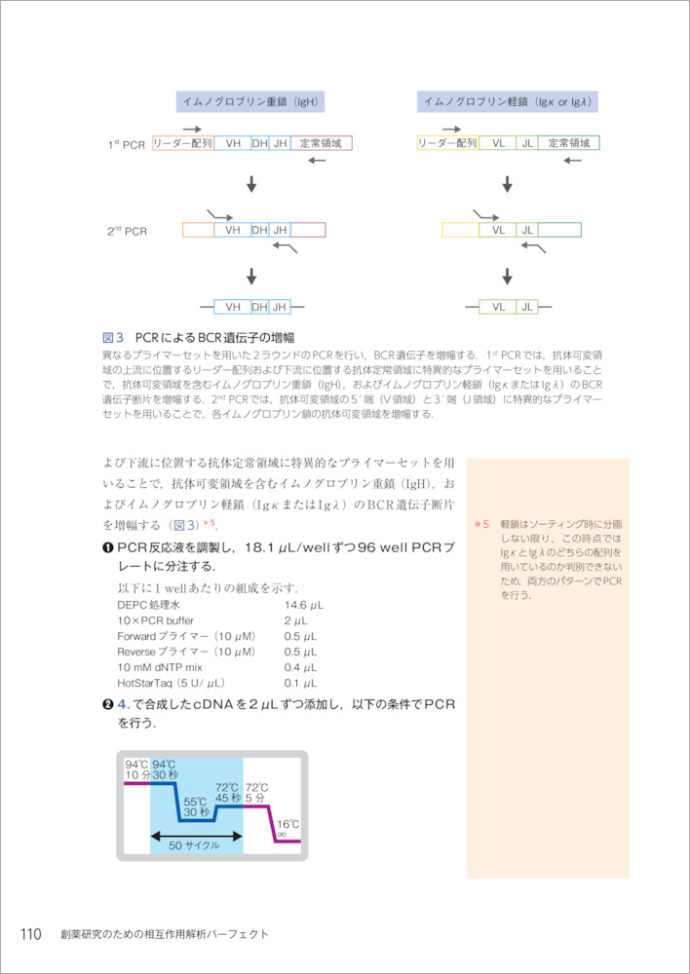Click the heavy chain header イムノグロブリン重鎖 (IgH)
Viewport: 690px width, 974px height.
tap(251, 101)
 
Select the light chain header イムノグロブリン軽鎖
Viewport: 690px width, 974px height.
tap(508, 101)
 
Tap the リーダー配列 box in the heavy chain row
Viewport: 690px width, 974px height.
tap(183, 143)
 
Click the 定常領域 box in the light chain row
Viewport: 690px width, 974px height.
tap(568, 143)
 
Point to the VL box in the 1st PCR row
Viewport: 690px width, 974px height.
tap(498, 143)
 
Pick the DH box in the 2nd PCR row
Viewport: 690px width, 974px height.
tap(259, 230)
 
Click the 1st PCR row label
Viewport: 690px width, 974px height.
tap(126, 145)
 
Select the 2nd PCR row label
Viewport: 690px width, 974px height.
tap(127, 232)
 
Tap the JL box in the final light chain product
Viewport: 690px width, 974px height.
tap(527, 307)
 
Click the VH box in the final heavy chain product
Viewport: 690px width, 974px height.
tap(233, 307)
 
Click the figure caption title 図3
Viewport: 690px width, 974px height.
tap(115, 337)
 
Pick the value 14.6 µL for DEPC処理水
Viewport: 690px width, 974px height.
tap(303, 605)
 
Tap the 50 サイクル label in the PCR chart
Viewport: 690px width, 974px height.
tap(194, 844)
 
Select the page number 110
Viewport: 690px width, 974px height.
tap(31, 934)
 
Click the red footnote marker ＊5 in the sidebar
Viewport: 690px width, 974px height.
tap(480, 524)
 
